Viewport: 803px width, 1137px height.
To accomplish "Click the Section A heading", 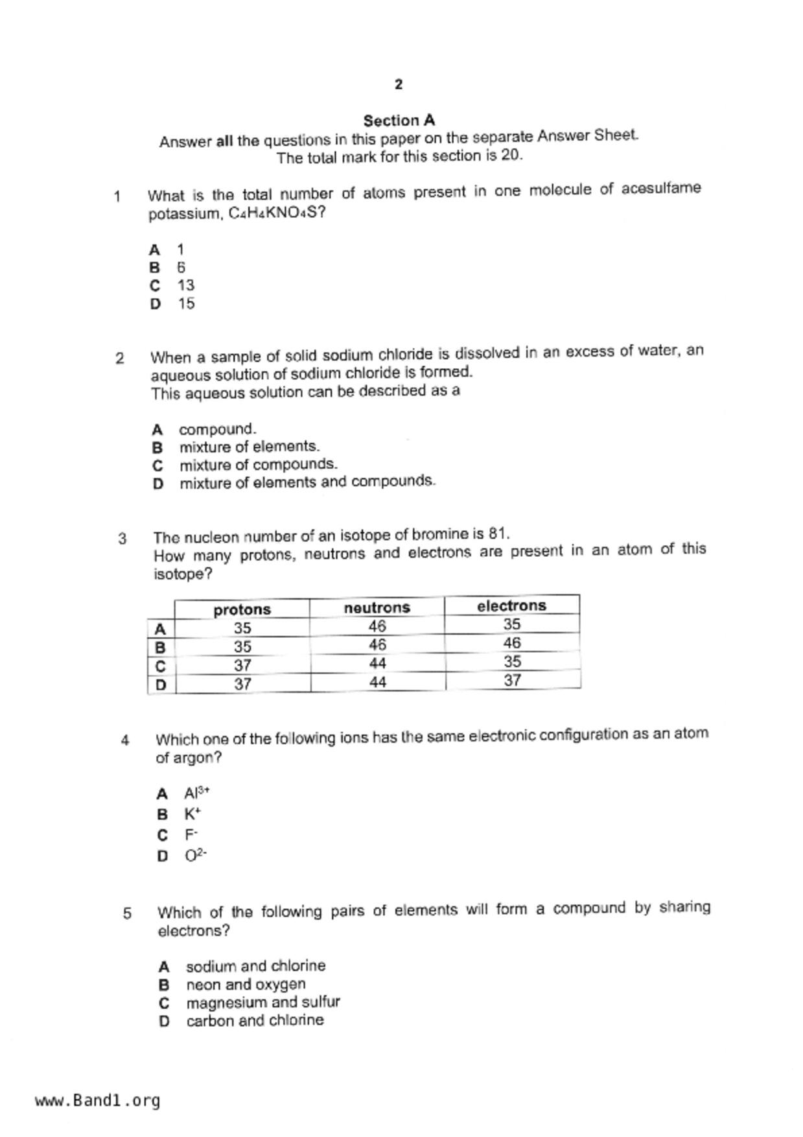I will [399, 121].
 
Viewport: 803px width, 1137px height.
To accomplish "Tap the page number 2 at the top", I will [398, 84].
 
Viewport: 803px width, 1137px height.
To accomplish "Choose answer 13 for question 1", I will [186, 285].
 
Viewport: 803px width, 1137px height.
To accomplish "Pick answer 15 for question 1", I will [186, 303].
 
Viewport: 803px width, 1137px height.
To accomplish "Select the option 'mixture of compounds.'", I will [258, 465].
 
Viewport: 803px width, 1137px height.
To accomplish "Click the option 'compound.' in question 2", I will [217, 429].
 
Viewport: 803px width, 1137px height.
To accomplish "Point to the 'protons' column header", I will [242, 609].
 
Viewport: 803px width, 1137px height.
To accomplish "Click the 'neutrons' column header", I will [377, 607].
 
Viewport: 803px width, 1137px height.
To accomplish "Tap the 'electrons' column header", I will [511, 605].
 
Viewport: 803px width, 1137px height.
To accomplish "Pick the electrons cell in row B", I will [511, 643].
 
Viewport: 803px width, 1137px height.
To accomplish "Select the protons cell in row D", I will [242, 684].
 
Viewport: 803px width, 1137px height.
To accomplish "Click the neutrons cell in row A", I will [377, 626].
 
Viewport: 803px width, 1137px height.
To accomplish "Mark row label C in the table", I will [161, 666].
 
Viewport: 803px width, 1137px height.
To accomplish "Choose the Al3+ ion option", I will [196, 793].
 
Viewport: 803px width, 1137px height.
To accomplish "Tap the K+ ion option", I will [192, 814].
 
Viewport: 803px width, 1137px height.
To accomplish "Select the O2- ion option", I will [195, 856].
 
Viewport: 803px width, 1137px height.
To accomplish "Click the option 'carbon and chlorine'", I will [255, 1020].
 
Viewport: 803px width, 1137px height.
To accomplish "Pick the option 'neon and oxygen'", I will [246, 984].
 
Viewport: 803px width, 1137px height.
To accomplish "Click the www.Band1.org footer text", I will [98, 1101].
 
